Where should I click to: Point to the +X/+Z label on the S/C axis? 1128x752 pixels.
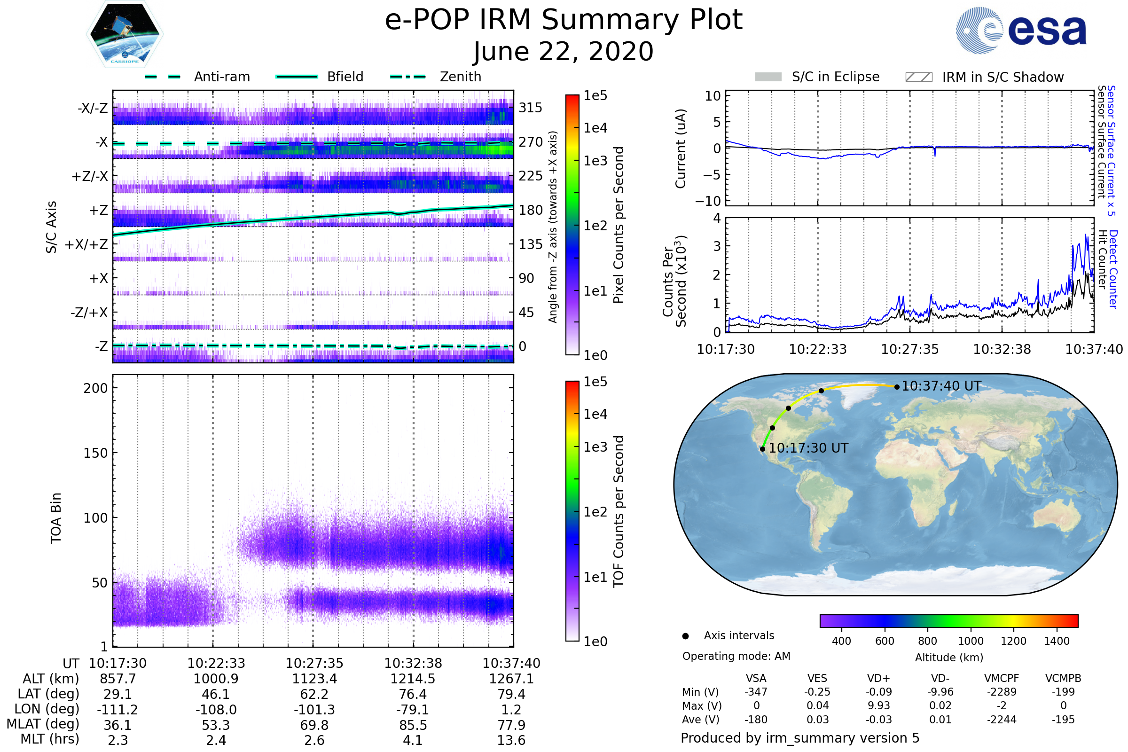(x=86, y=244)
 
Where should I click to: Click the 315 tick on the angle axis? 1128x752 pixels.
(x=531, y=108)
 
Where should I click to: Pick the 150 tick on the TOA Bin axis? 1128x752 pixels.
(x=95, y=453)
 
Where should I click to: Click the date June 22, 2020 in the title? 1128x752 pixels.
(x=564, y=51)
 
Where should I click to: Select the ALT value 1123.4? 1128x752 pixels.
(x=314, y=679)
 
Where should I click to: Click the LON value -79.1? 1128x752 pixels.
(x=413, y=710)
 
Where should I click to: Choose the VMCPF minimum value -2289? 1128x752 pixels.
(x=1002, y=692)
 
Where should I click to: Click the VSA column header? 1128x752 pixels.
(x=756, y=679)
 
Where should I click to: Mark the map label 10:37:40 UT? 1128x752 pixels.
(x=941, y=386)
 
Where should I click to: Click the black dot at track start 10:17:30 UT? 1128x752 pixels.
(x=762, y=449)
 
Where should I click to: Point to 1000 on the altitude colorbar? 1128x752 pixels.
(x=971, y=641)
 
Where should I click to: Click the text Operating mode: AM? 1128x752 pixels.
(x=736, y=656)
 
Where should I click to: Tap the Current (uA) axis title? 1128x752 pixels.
(x=681, y=149)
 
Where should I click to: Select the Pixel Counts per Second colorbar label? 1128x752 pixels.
(x=619, y=225)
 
